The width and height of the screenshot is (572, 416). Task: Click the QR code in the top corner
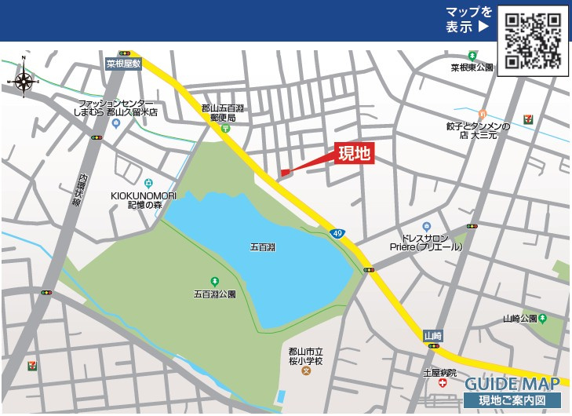[533, 39]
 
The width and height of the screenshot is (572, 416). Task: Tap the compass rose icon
[24, 79]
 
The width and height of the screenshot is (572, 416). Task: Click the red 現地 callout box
[354, 155]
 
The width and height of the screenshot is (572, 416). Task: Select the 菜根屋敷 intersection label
[123, 64]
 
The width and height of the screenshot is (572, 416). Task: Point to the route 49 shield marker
[337, 234]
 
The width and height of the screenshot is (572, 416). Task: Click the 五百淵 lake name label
[263, 247]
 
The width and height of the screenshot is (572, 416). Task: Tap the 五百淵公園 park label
[214, 294]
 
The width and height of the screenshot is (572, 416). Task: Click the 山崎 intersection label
[433, 335]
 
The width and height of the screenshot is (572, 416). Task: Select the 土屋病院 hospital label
[439, 373]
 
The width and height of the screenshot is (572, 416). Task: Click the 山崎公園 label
[520, 319]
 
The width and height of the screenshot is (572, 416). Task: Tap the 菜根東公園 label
[472, 68]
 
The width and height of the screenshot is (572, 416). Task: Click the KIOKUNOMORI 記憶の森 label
[144, 199]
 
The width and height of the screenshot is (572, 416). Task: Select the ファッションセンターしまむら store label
[117, 108]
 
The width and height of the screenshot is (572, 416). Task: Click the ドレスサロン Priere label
[425, 242]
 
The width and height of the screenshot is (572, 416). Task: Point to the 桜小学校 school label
[305, 356]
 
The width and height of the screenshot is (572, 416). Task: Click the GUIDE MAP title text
[512, 384]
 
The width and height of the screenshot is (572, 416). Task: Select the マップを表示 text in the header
[468, 19]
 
